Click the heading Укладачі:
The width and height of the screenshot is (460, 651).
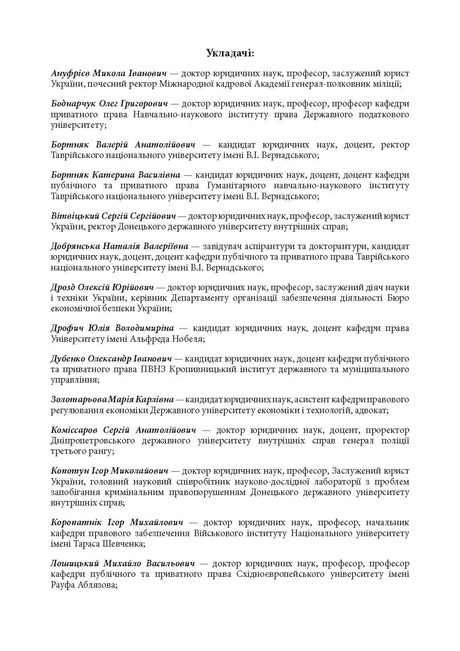(x=230, y=53)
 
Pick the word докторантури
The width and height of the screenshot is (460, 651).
(x=338, y=246)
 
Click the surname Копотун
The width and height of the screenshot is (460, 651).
(x=67, y=471)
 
